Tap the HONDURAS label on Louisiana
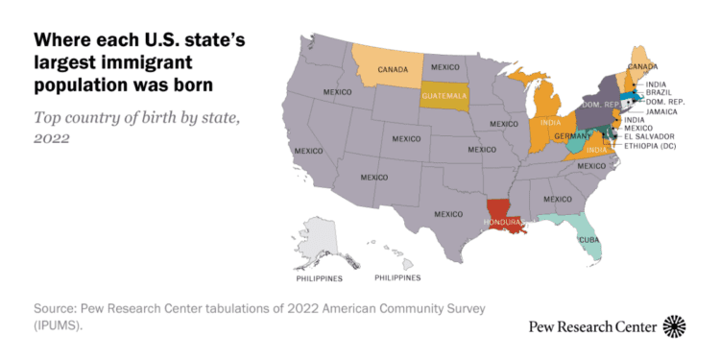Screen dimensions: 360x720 (x=502, y=223)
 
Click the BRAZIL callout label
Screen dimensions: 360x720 (x=660, y=93)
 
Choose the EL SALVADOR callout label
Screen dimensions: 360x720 (x=650, y=136)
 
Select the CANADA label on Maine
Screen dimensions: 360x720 (x=642, y=67)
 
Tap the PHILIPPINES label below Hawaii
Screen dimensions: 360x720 (x=396, y=277)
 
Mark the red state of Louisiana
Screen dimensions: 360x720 (x=500, y=210)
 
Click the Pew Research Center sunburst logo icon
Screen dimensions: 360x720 (x=675, y=326)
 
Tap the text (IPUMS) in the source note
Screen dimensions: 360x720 (x=60, y=325)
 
